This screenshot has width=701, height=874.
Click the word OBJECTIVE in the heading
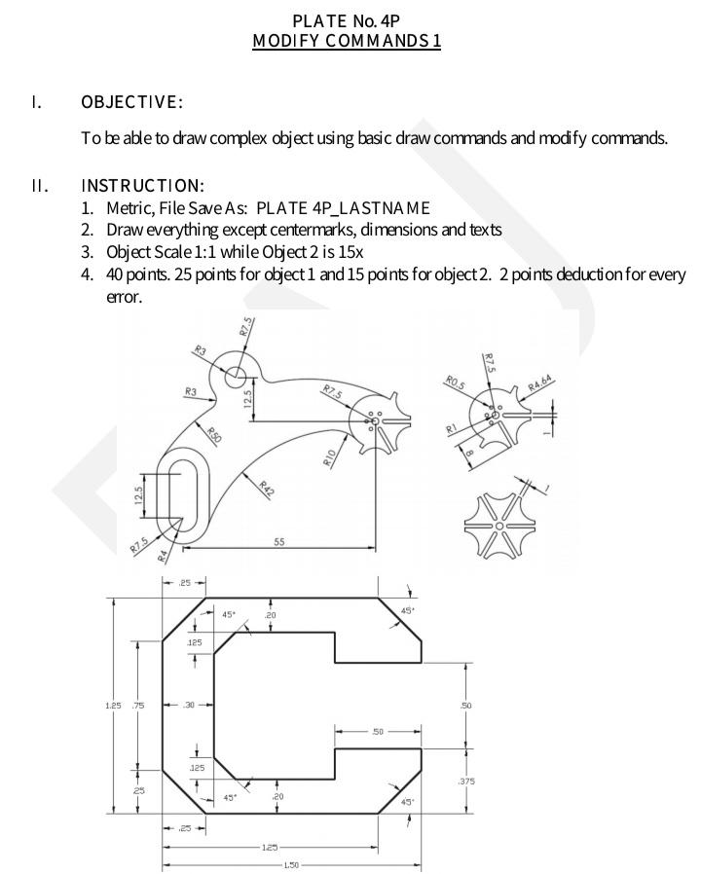(131, 102)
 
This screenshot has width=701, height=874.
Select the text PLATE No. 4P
(346, 20)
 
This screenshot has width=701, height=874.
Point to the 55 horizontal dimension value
(279, 542)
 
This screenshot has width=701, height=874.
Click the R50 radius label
(213, 435)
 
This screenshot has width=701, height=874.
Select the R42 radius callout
(266, 488)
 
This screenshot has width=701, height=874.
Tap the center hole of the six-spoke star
(498, 527)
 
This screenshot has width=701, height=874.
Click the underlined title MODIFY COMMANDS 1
(346, 41)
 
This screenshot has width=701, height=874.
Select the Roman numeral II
(38, 185)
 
